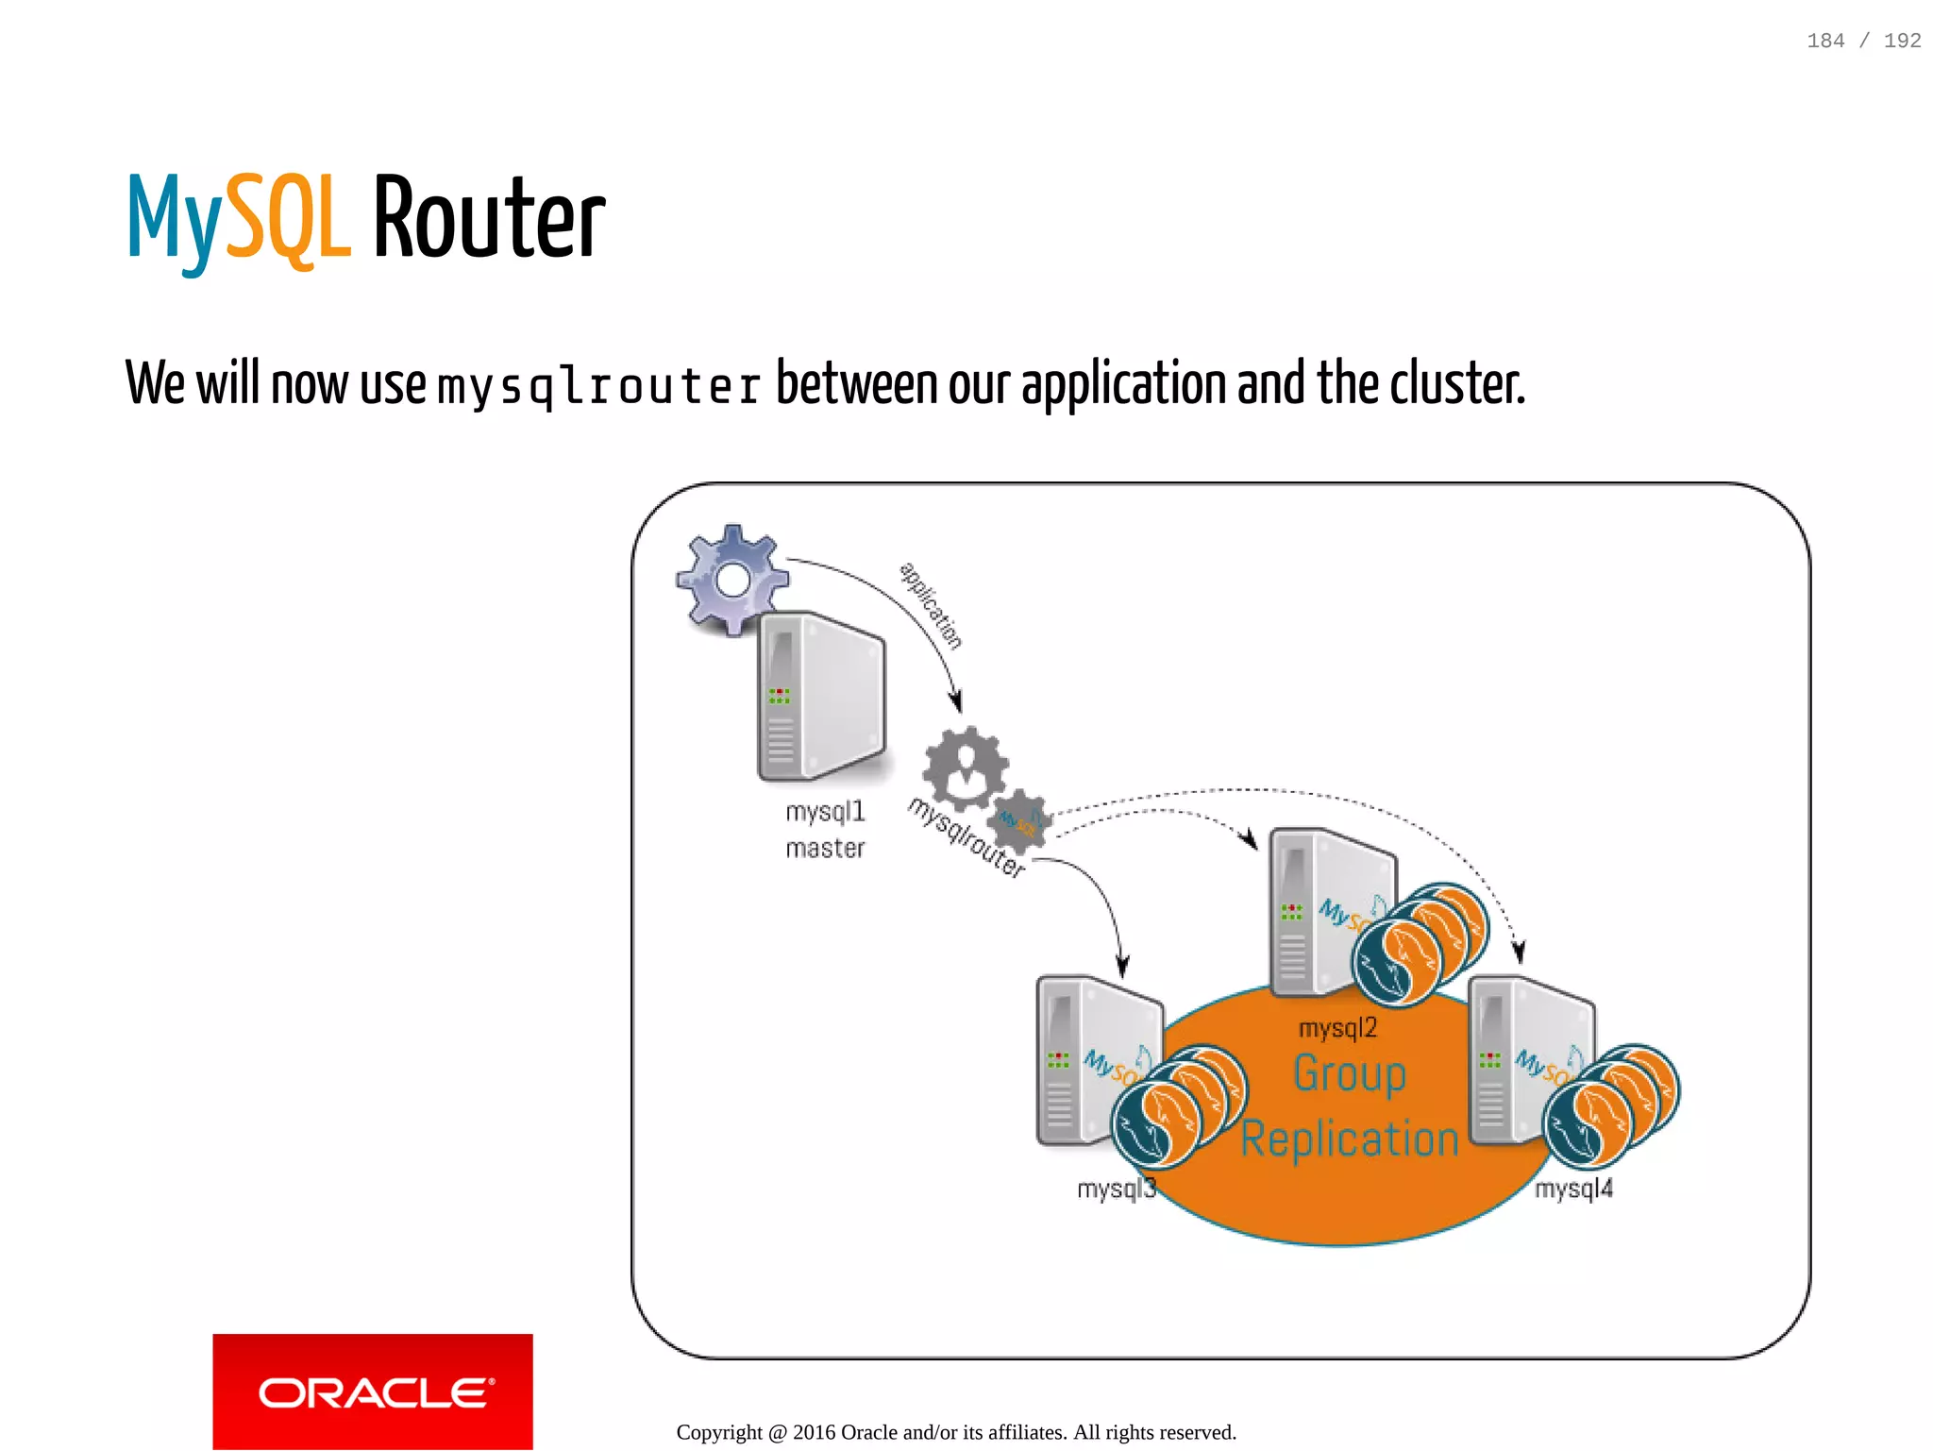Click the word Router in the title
coord(489,219)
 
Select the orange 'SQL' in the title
coord(289,219)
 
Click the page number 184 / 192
coord(1863,41)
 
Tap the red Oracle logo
coord(373,1391)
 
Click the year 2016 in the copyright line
coord(814,1432)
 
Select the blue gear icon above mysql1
coord(731,578)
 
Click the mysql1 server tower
coord(821,697)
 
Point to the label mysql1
coord(825,812)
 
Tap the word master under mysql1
coord(825,849)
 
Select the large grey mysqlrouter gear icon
coord(965,768)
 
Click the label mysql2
coord(1337,1028)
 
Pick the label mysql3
coord(1116,1189)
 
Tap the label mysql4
coord(1573,1189)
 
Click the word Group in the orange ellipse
coord(1350,1074)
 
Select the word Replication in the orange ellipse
coord(1350,1139)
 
